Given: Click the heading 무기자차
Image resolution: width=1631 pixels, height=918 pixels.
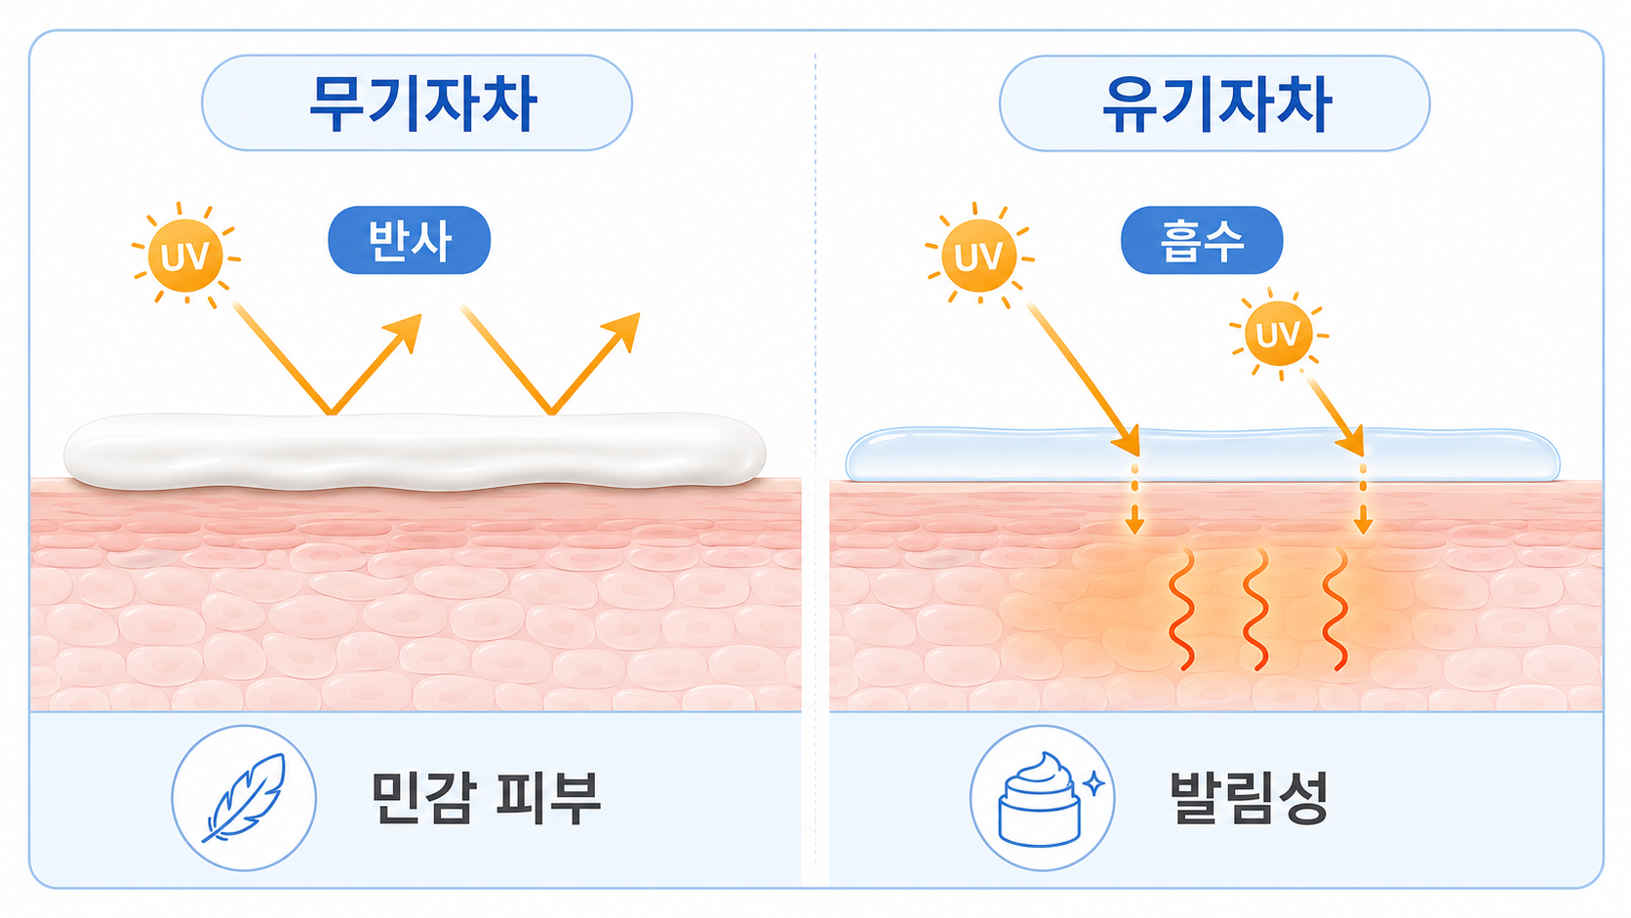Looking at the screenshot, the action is point(423,102).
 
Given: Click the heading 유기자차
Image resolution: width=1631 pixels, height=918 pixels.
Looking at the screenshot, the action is point(1216,102).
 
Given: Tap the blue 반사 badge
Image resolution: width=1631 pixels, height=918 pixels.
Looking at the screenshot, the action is point(409,240).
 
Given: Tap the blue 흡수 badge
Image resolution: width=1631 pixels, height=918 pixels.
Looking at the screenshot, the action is point(1202,240).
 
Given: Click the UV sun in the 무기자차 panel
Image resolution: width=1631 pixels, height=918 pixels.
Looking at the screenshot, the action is point(185,255).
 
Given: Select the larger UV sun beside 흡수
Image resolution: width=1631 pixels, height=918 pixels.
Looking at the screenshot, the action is point(978,255).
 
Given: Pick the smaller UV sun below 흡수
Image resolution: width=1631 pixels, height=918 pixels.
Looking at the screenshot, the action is point(1279,335).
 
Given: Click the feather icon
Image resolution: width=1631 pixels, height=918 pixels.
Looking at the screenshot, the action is point(245,798).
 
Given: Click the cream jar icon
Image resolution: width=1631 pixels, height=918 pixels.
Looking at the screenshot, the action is point(1039,799).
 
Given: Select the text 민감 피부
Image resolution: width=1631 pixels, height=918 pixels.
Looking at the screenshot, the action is point(486,798).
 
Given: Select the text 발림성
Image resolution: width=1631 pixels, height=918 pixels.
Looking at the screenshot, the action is point(1249,798).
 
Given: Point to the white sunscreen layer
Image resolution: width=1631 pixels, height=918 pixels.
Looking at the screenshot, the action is point(415,452).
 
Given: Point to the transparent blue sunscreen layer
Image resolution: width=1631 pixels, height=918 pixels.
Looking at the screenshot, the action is point(1202,455).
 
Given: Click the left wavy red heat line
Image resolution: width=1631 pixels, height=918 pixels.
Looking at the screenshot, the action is point(1181,609).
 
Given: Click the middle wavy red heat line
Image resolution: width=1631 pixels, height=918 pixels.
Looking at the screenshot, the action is point(1256,609).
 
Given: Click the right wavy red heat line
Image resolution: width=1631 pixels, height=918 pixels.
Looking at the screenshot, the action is point(1335,609).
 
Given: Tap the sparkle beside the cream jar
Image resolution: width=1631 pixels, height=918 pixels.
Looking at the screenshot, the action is point(1094,783).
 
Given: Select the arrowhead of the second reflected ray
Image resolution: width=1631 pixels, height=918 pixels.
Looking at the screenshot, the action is point(623,332).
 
